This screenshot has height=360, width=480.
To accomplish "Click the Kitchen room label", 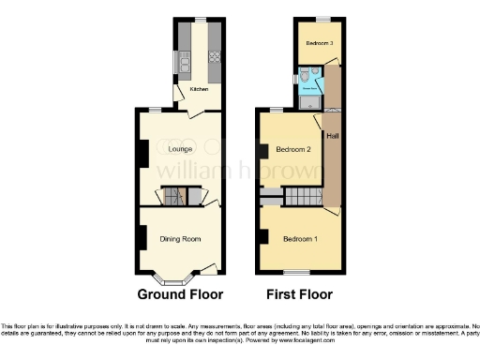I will (x=199, y=89).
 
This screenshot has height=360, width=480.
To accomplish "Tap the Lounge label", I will (x=180, y=149).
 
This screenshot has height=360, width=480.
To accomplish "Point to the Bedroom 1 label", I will (x=300, y=239).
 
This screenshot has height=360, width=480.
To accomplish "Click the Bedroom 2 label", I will (x=294, y=149).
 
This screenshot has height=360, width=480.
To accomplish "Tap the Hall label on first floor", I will (x=331, y=137).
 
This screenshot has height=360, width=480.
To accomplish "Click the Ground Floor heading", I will (x=180, y=293).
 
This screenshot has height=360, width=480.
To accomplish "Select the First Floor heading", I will (x=300, y=293).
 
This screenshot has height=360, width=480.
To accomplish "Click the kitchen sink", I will (x=185, y=63).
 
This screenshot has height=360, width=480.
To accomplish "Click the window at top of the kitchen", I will (x=199, y=18).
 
